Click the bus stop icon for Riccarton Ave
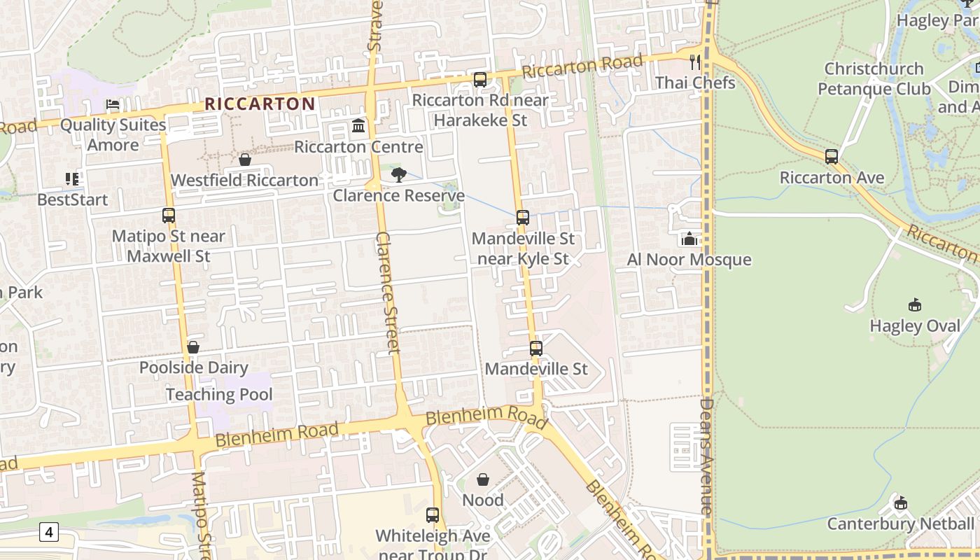tap(832, 157)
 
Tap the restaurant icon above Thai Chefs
tap(695, 62)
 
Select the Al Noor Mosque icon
tap(689, 239)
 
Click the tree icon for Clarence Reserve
tap(399, 175)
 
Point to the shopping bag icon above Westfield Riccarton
tap(245, 160)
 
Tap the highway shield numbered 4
tap(48, 533)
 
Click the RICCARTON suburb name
tap(260, 104)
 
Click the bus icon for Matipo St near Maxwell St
tap(169, 216)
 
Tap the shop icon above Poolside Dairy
tap(193, 348)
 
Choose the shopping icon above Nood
tap(483, 480)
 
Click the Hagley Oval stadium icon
tap(915, 305)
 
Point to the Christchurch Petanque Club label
tap(874, 78)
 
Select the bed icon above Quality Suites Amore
tap(113, 105)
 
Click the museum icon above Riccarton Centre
tap(358, 127)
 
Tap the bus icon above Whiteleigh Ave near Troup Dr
tap(433, 515)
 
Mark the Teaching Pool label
tap(219, 394)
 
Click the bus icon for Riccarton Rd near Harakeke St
tap(480, 80)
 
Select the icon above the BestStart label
tap(72, 180)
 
